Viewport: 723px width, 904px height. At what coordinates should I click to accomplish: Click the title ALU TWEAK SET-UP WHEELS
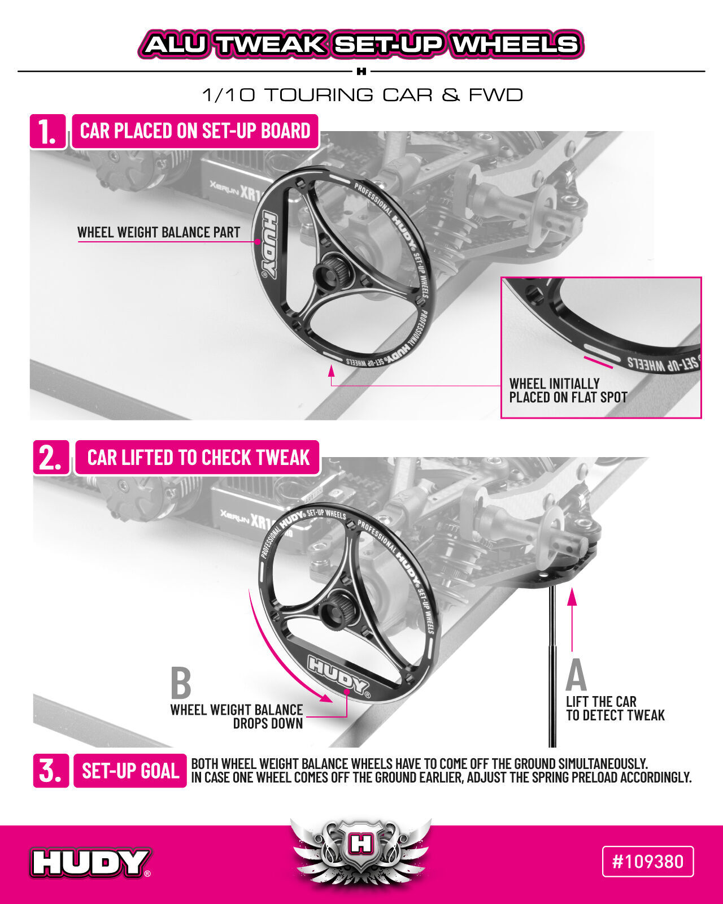pos(361,44)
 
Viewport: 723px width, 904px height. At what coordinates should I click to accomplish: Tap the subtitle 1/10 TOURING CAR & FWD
pos(362,95)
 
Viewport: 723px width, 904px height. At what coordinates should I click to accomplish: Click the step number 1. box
pos(48,132)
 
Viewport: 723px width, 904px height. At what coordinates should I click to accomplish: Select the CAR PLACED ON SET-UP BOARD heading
pos(195,131)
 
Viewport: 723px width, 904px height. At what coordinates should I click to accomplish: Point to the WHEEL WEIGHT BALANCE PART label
pos(158,232)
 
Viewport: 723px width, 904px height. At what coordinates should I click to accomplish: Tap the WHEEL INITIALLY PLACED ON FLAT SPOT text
pos(568,390)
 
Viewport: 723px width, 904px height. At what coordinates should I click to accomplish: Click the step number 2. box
pos(51,458)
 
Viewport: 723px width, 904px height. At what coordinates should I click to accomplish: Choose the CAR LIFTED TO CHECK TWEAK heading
pos(198,458)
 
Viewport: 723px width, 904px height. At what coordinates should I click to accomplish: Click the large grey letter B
pos(181,683)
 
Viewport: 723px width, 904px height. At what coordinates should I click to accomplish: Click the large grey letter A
pos(576,675)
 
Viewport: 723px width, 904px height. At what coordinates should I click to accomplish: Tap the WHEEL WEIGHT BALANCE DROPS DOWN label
pos(237,716)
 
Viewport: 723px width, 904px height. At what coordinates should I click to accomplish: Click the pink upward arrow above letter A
pos(572,620)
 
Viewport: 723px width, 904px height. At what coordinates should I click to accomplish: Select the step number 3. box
pos(51,771)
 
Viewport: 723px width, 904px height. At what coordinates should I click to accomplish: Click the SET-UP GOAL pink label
pos(130,771)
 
